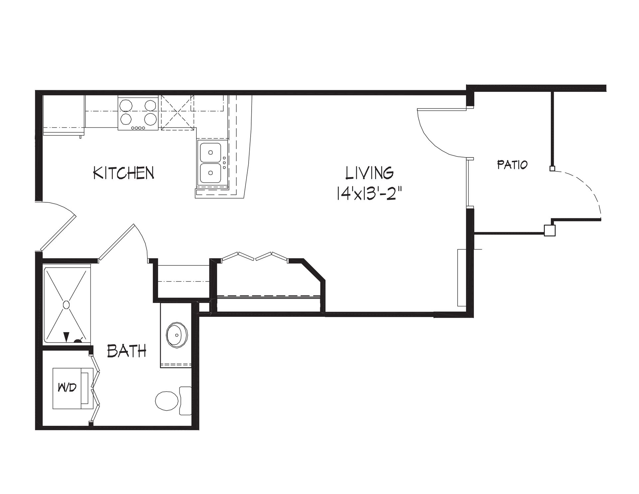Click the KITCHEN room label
point(123,173)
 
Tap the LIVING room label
point(369,173)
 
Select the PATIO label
point(512,164)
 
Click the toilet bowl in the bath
point(167,401)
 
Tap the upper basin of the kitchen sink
point(210,152)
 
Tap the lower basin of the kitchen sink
point(210,172)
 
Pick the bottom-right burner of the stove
point(150,119)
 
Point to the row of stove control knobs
point(138,128)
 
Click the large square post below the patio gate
point(550,230)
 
